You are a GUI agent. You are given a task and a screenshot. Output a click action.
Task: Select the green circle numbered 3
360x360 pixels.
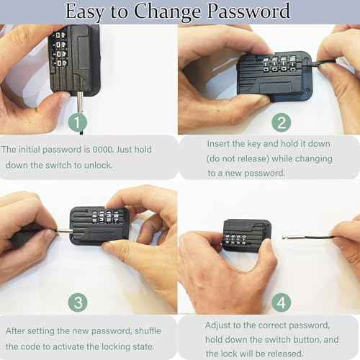click(x=78, y=301)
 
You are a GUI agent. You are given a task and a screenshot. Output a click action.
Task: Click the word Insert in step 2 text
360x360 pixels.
click(x=220, y=143)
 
